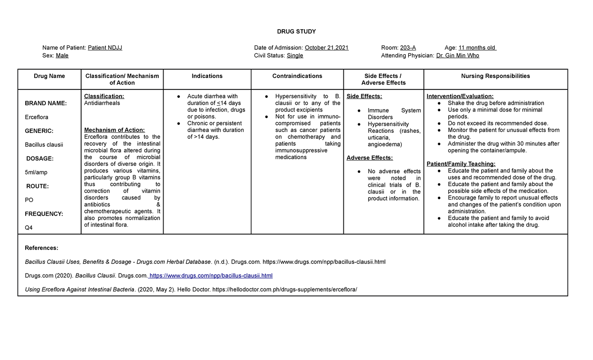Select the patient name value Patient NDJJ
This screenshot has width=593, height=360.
click(x=105, y=48)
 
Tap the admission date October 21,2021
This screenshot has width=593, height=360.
click(x=327, y=48)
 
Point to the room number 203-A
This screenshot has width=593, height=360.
click(x=408, y=48)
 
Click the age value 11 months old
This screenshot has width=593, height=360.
click(x=477, y=48)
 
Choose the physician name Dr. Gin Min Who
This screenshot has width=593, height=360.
click(x=458, y=56)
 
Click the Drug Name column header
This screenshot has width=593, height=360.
click(x=49, y=76)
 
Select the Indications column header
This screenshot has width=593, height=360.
click(x=207, y=76)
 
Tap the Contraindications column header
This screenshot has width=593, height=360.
click(x=297, y=76)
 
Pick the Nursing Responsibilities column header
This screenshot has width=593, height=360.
click(x=495, y=76)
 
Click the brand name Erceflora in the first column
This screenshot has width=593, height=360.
click(x=37, y=117)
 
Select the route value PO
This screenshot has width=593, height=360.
click(x=29, y=200)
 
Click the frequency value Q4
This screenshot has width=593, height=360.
click(x=29, y=228)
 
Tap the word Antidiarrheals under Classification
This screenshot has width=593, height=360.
click(x=102, y=103)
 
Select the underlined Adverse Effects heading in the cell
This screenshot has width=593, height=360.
click(x=370, y=158)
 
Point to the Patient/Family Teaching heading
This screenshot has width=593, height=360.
click(x=461, y=164)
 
